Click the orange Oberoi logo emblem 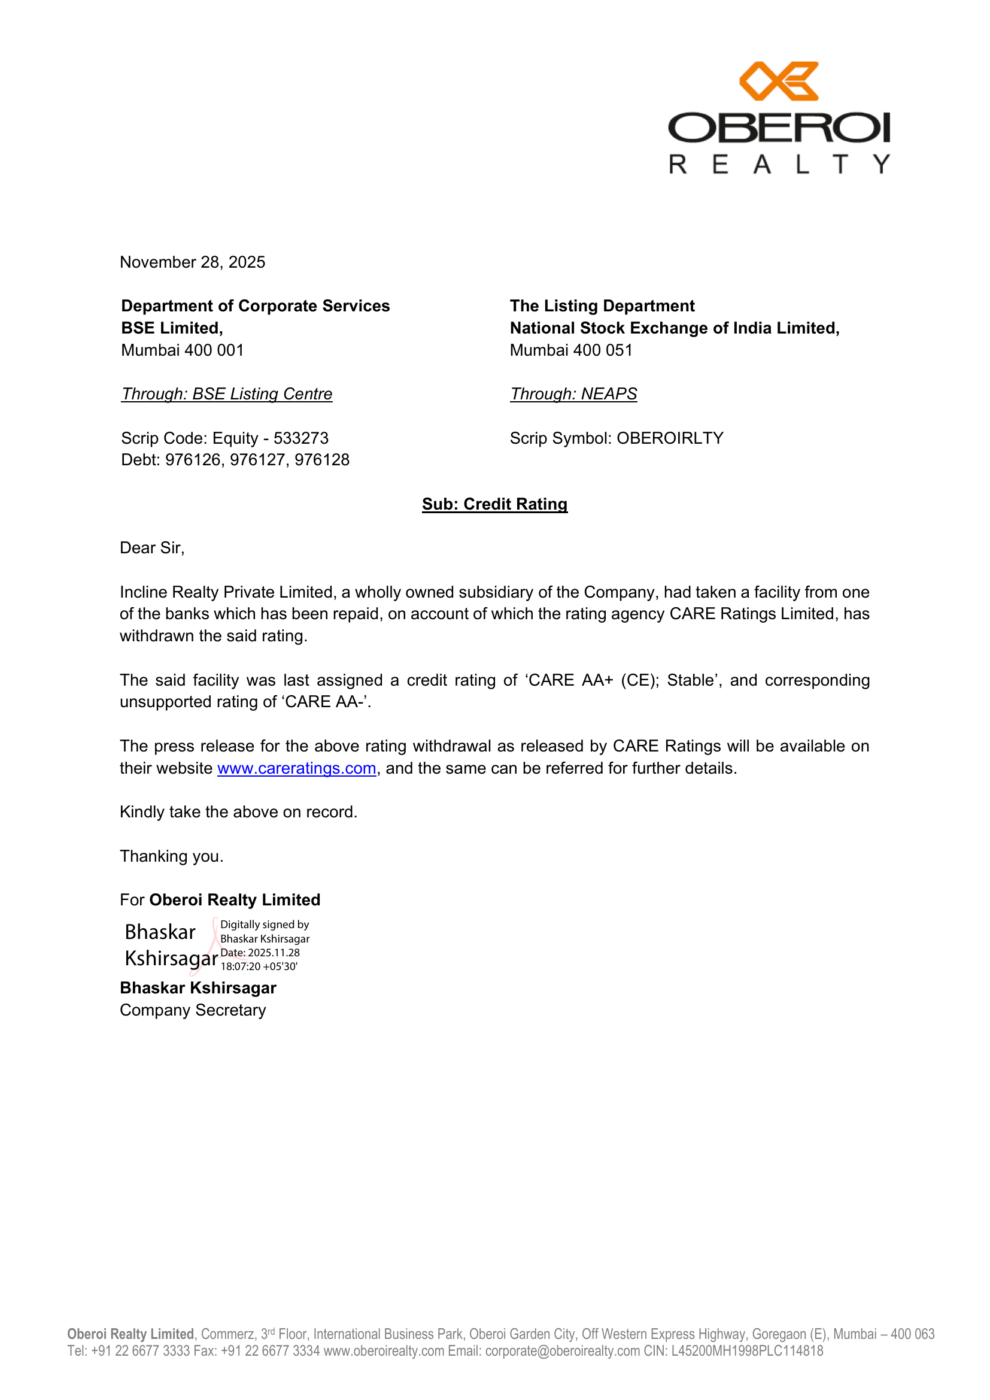tap(779, 81)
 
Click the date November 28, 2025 tap(193, 262)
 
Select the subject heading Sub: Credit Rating tap(494, 504)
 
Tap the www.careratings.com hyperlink tap(296, 768)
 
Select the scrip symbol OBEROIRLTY tap(670, 438)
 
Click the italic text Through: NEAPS tap(573, 394)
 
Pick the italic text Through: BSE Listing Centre tap(227, 394)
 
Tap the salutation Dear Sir tap(152, 548)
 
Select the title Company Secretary tap(193, 1010)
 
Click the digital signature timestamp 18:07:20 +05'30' tap(259, 966)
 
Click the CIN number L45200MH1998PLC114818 tap(747, 1351)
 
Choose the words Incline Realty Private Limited tap(227, 592)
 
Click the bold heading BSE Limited tap(172, 328)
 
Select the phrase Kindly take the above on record tap(238, 812)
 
